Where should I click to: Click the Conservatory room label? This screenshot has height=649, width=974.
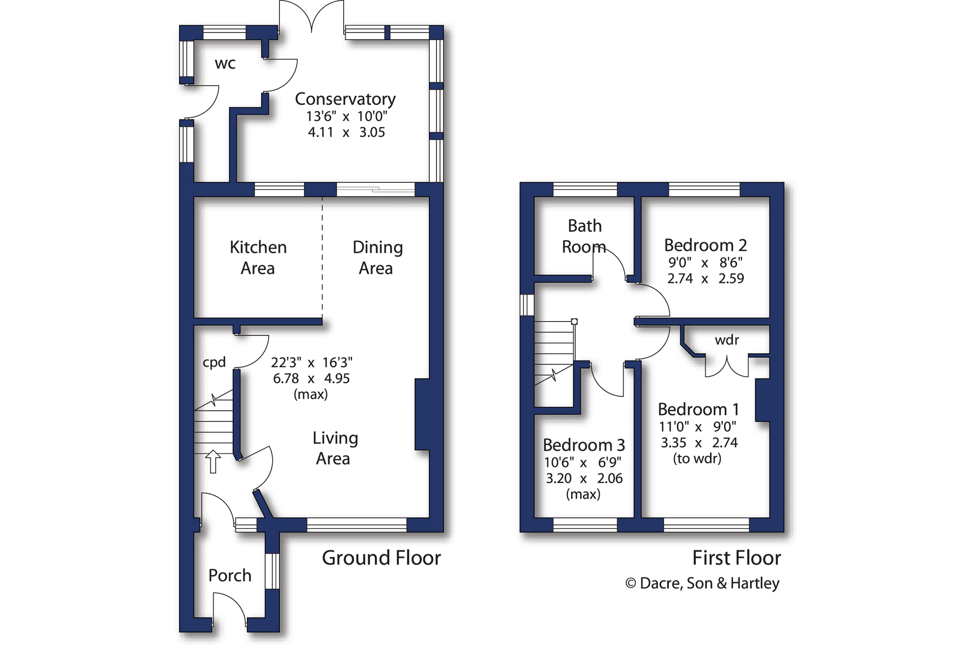click(345, 99)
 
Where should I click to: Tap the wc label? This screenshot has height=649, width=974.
click(225, 64)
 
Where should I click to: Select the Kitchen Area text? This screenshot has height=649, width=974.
click(258, 257)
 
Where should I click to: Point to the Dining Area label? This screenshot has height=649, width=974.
click(378, 257)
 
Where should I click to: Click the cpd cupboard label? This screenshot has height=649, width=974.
click(214, 362)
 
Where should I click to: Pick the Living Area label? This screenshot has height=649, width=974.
click(335, 448)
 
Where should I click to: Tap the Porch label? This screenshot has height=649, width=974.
click(230, 575)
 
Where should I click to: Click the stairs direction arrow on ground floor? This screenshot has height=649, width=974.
click(213, 461)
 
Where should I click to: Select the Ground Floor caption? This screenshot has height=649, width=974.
click(381, 558)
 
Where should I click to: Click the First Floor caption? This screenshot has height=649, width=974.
click(736, 558)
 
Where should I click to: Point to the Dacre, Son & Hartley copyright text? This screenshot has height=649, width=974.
click(702, 583)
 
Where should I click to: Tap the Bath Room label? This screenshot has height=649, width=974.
click(584, 236)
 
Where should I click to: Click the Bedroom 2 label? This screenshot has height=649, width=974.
click(706, 245)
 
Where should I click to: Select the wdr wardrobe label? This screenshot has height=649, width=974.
click(727, 340)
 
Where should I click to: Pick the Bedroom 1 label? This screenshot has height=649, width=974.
click(698, 409)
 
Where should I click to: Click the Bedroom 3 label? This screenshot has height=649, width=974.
click(584, 445)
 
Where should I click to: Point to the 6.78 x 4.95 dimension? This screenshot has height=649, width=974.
click(311, 378)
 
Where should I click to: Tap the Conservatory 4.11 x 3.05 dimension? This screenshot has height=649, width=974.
click(346, 132)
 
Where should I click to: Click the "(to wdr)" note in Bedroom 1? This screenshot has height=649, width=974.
click(697, 458)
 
